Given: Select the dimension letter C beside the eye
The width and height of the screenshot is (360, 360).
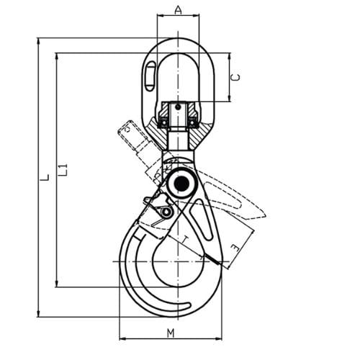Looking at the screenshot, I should tap(236, 76).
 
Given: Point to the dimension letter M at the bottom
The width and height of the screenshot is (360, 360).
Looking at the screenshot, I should tap(170, 333).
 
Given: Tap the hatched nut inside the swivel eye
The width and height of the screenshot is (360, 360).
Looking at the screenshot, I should tap(177, 114).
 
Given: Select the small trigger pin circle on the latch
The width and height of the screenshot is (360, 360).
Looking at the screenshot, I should tap(166, 212).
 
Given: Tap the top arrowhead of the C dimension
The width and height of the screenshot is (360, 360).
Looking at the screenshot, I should tap(229, 55).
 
